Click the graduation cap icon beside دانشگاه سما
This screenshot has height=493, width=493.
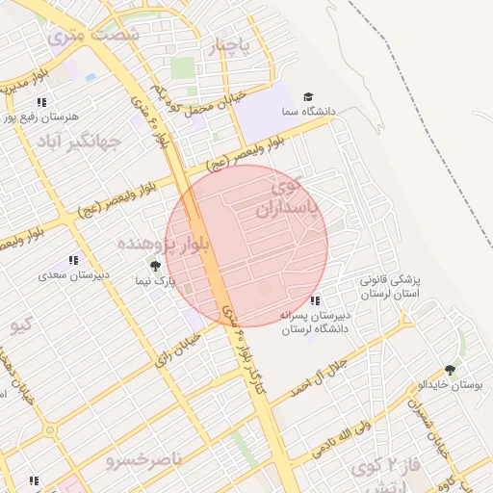308,96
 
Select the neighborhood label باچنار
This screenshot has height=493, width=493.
231,45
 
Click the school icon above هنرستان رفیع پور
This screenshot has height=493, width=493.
40,102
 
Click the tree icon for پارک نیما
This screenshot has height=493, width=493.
155,266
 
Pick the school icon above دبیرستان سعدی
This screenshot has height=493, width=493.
73,260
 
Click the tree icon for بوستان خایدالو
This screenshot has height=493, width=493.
451,369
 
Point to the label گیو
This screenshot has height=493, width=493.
21,324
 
